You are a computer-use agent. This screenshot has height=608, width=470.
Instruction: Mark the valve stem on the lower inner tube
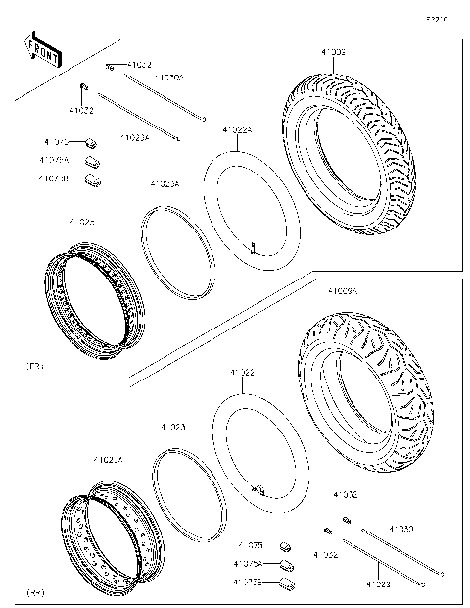(x=258, y=487)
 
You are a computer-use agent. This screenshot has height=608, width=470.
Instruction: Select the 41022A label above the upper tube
(x=236, y=129)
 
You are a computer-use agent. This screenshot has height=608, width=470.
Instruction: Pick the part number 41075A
(x=248, y=564)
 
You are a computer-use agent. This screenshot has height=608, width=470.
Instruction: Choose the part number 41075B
(x=248, y=583)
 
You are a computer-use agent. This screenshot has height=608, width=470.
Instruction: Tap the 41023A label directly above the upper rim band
(x=164, y=183)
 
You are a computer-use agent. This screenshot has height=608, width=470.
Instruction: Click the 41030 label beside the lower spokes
(x=400, y=530)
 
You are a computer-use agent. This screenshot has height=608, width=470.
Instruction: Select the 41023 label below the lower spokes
(x=380, y=584)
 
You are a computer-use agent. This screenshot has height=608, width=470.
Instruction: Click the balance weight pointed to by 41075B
(x=288, y=584)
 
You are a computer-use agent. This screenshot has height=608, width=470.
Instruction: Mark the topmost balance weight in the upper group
(x=89, y=142)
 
